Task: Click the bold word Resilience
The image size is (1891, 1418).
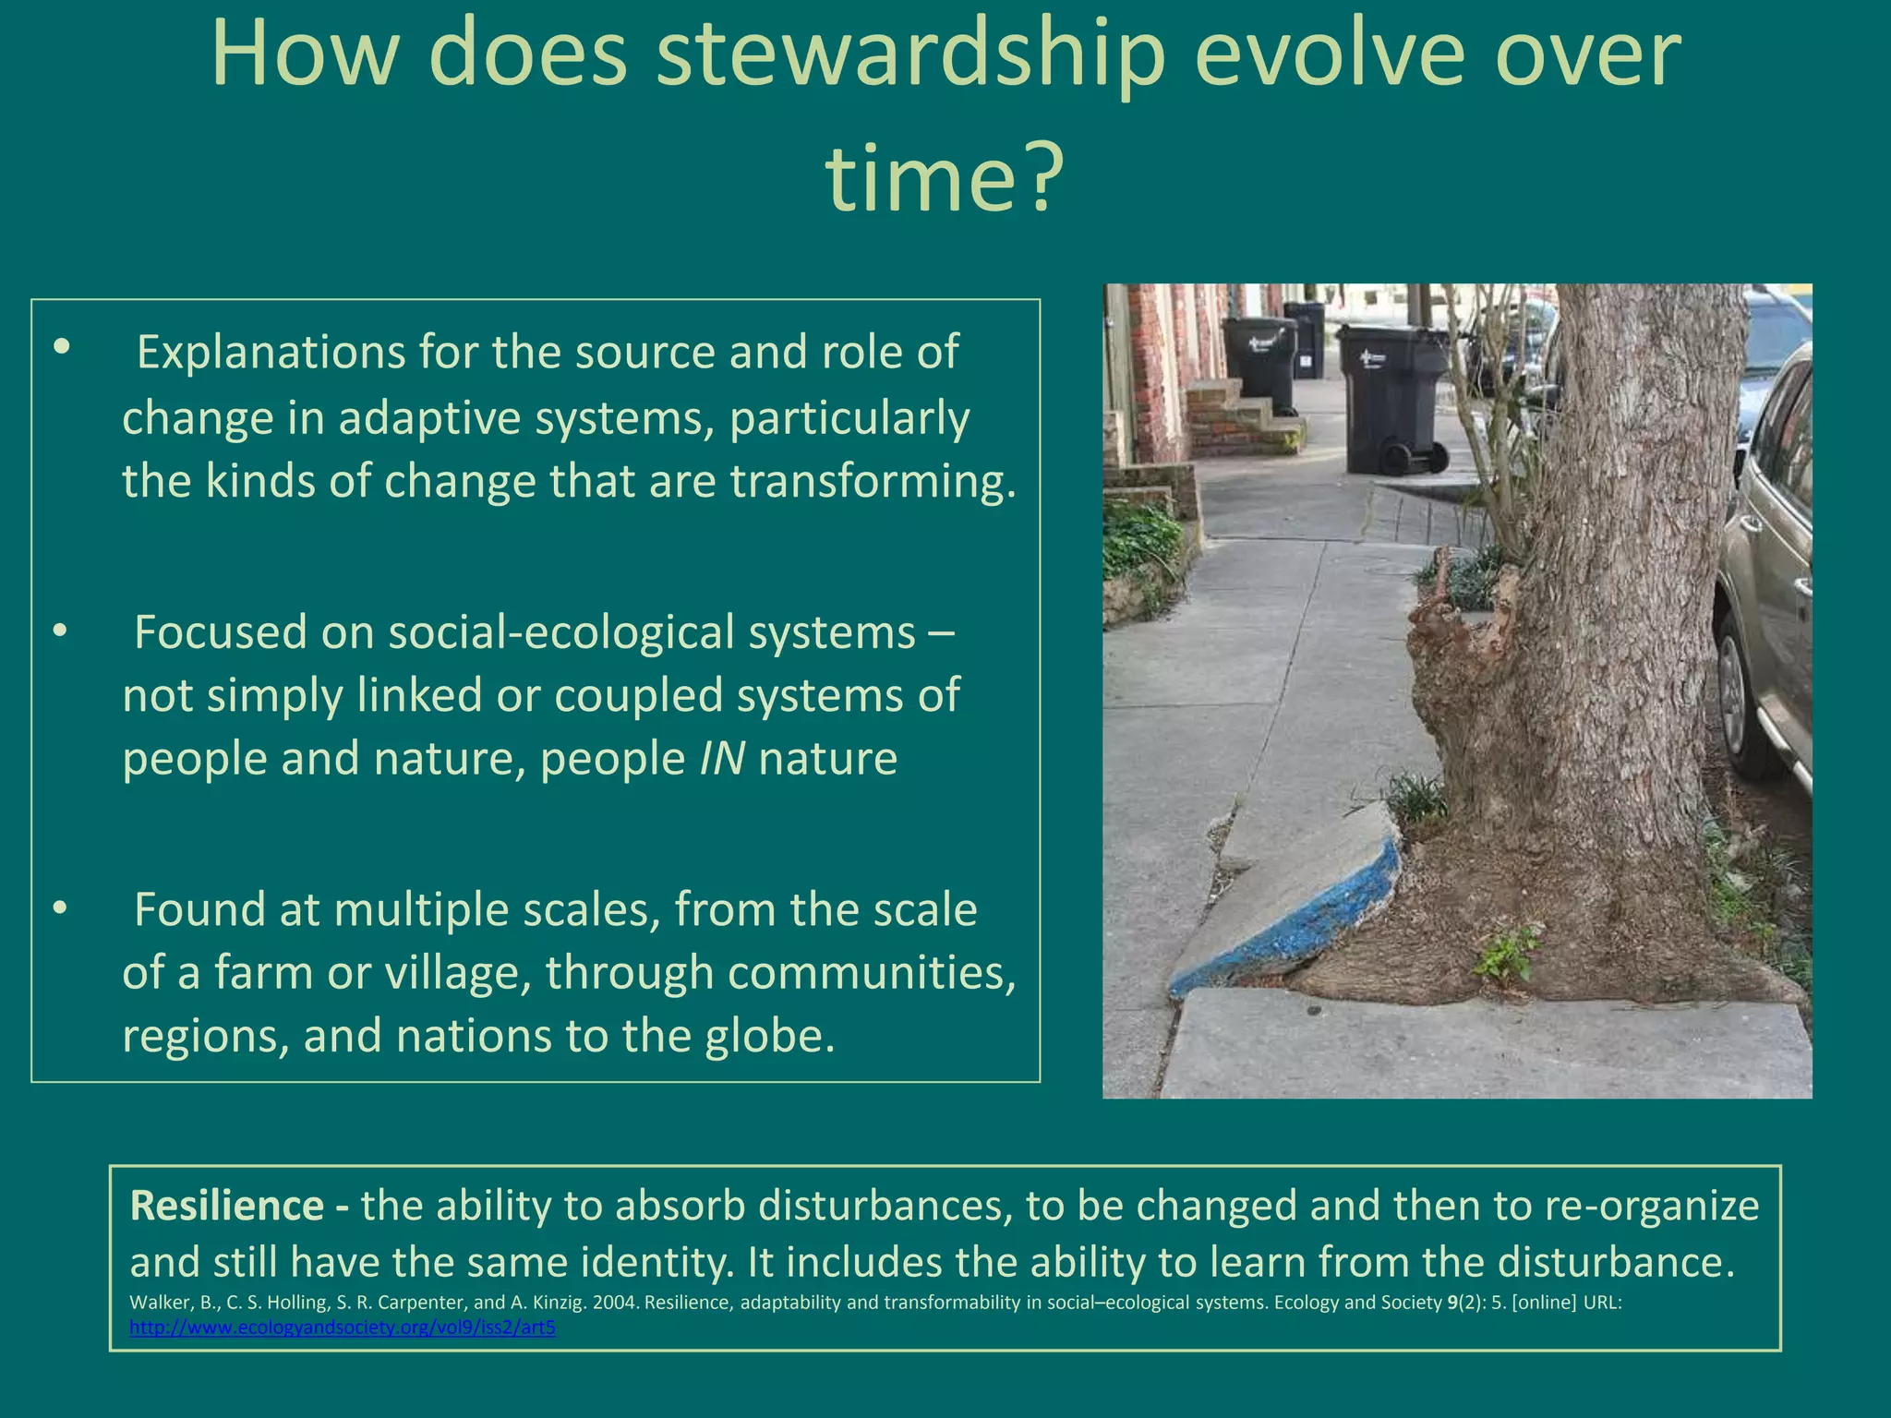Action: click(x=227, y=1206)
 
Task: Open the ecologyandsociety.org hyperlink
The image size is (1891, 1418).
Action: click(x=343, y=1328)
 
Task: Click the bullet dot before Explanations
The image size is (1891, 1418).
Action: click(x=61, y=348)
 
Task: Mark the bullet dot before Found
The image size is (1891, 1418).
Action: click(x=61, y=909)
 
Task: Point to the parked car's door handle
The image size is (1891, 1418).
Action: click(x=1801, y=586)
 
